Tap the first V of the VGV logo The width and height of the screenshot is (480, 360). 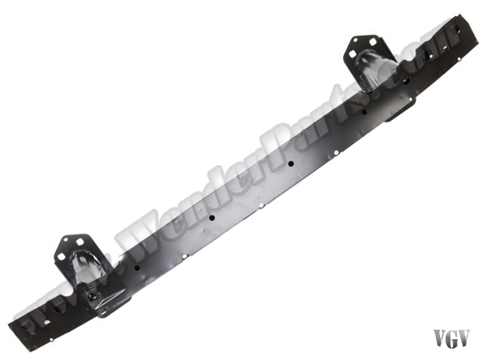[x=439, y=339]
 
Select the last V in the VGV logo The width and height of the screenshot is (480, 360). [x=463, y=339]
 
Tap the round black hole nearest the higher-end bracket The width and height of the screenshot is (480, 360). [x=364, y=112]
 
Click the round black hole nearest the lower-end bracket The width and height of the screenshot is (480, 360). [x=137, y=268]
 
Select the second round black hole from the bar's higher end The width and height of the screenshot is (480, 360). [x=291, y=163]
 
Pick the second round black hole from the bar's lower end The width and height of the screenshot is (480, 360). [x=212, y=218]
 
